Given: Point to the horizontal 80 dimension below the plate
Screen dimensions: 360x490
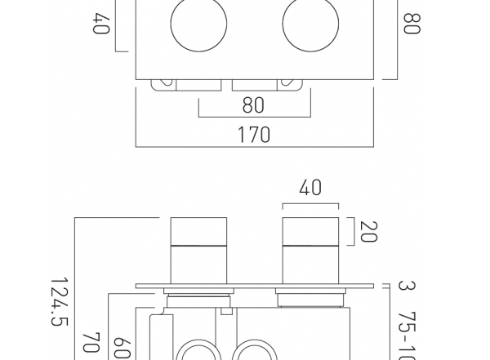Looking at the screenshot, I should [x=254, y=106].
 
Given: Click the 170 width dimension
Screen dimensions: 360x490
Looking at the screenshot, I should [x=254, y=135].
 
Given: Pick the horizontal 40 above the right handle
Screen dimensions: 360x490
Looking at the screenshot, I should [x=310, y=189].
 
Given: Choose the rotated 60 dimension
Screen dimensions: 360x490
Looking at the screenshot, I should [x=121, y=347].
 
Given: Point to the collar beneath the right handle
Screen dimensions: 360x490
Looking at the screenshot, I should [x=310, y=295].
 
